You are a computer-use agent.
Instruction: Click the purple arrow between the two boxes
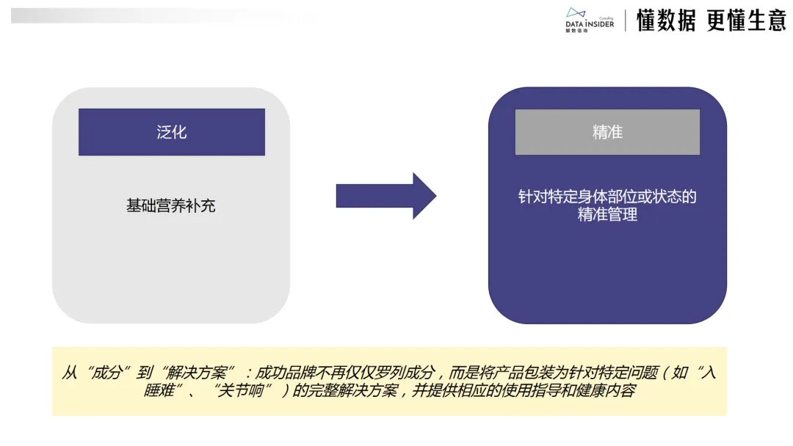(385, 196)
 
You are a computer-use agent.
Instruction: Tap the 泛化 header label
(172, 132)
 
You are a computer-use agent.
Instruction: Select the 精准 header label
(607, 132)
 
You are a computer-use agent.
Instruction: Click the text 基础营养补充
(171, 205)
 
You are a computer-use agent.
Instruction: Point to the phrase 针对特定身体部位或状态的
(607, 197)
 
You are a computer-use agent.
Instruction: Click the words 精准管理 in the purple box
(607, 215)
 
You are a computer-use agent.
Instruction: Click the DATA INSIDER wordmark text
(589, 24)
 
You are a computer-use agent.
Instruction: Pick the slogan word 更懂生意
(746, 21)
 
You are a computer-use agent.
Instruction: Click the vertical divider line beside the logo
(626, 21)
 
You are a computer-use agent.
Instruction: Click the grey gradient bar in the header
(147, 15)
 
